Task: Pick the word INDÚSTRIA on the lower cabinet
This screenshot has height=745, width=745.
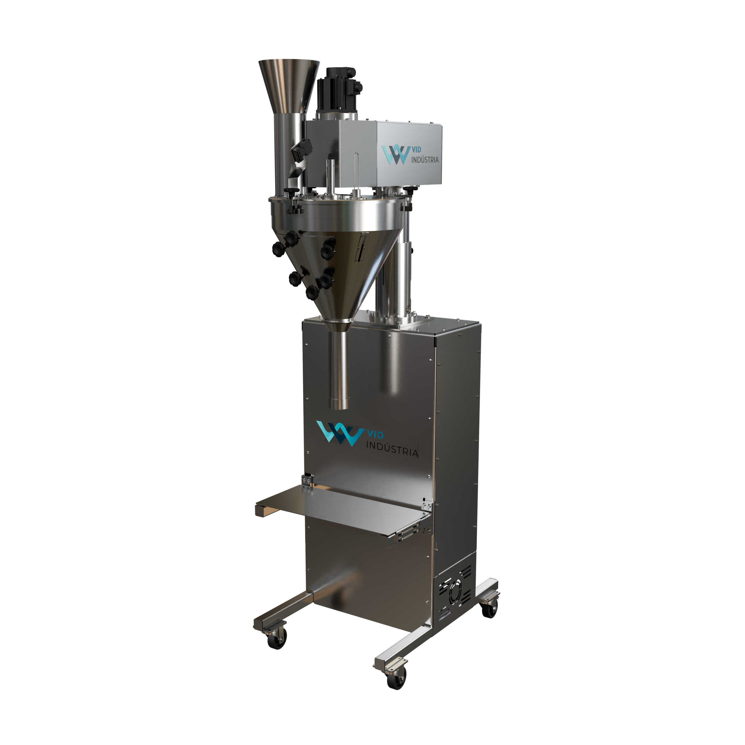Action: [x=391, y=450]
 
